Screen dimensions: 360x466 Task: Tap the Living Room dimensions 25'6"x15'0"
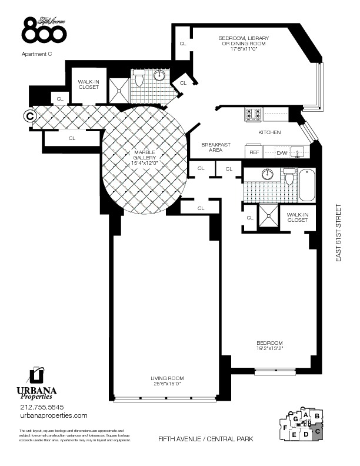168,385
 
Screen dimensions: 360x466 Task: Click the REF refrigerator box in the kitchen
255,152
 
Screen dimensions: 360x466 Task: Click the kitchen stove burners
253,112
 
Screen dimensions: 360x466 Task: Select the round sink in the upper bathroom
159,76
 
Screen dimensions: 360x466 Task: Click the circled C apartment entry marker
28,116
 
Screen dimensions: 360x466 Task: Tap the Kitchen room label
269,132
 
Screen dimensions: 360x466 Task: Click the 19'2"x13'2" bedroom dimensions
269,348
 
